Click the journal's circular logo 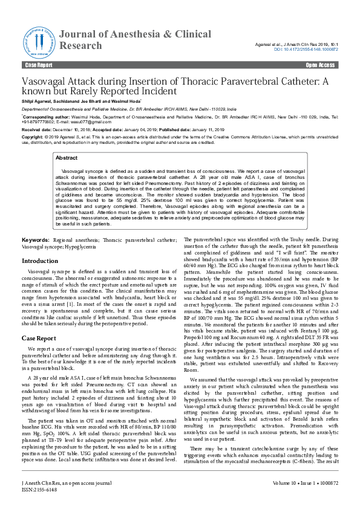tap(39, 41)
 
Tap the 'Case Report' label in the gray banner tap(39, 65)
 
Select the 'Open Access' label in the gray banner tap(321, 65)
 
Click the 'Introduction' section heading tap(40, 261)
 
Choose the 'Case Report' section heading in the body tap(39, 339)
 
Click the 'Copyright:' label tap(33, 137)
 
